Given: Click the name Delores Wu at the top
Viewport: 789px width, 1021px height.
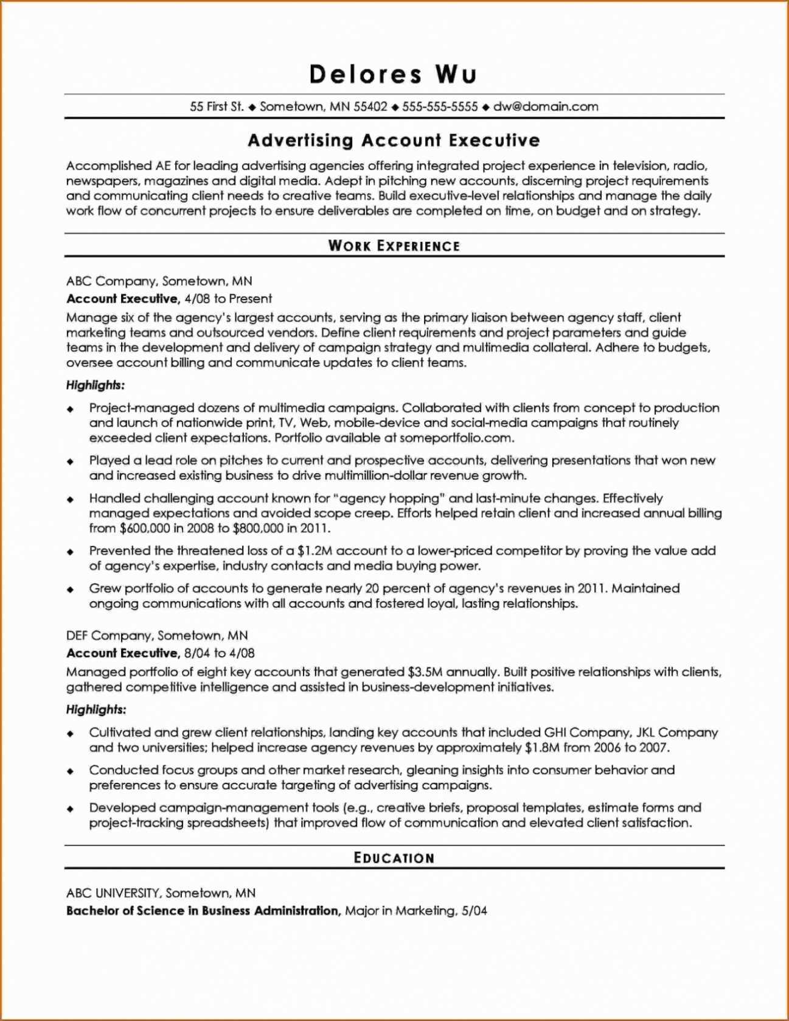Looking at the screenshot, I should click(393, 74).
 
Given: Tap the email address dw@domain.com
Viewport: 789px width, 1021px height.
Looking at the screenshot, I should click(546, 107).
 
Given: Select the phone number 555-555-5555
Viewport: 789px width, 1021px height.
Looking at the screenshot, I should click(440, 107).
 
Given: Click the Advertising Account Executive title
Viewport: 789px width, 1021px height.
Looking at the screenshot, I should click(394, 141).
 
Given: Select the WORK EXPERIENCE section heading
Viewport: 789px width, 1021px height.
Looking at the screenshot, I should click(394, 246).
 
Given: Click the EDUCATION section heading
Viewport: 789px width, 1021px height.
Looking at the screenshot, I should click(394, 858).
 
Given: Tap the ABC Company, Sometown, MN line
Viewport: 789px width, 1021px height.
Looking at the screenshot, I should click(159, 281).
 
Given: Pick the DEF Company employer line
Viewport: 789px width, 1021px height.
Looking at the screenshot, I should click(157, 636).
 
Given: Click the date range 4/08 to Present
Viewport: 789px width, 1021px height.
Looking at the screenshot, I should click(228, 299).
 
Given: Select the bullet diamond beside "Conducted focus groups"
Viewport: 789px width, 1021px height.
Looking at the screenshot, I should click(71, 771).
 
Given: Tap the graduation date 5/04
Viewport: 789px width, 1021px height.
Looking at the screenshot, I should click(474, 911).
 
